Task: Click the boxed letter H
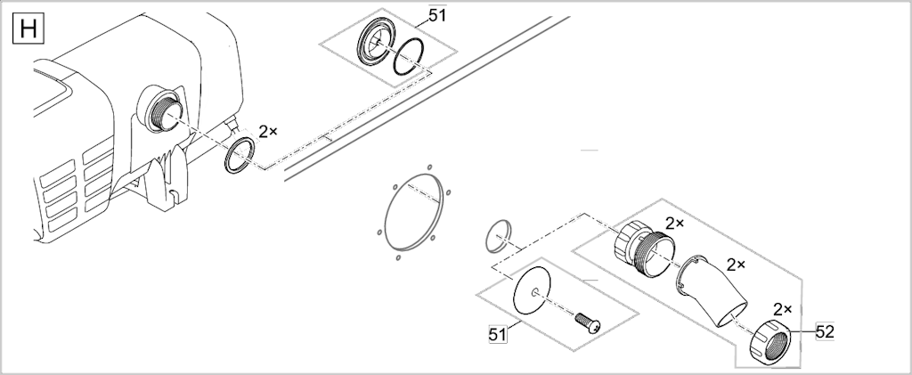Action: point(28,29)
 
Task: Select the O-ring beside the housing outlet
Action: point(239,155)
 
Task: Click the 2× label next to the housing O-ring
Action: point(267,132)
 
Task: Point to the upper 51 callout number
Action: point(437,16)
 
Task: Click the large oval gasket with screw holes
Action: point(413,212)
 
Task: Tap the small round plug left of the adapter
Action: point(497,236)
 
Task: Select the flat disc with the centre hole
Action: point(532,290)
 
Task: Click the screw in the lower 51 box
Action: point(588,323)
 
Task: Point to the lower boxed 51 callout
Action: point(497,334)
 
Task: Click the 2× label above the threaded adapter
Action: point(675,224)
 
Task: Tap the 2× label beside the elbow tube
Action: point(736,265)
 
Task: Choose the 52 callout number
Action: point(825,332)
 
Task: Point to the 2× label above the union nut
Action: point(782,309)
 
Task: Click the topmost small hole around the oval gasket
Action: point(429,167)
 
